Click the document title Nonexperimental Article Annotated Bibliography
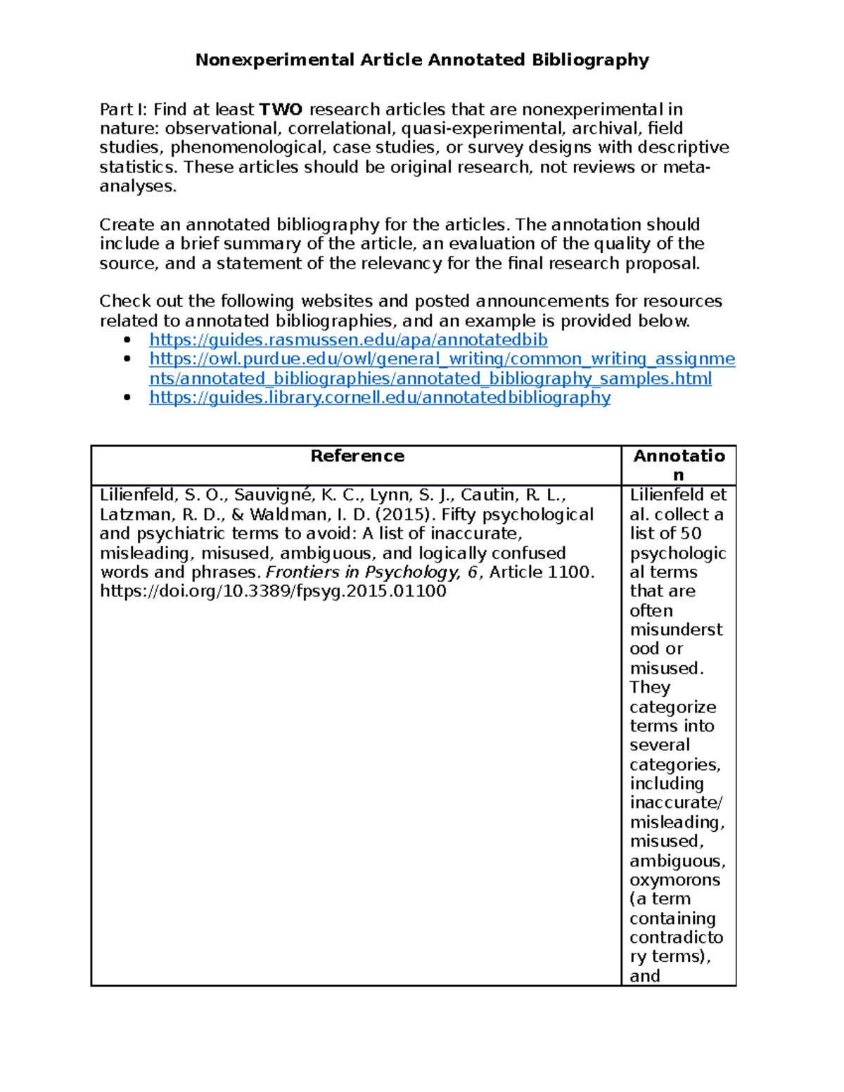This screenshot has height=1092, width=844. (422, 60)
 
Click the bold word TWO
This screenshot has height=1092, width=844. (281, 110)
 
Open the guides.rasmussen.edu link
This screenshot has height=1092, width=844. (348, 340)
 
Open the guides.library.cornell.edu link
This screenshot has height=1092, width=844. (380, 397)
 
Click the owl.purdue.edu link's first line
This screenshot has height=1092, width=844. (442, 359)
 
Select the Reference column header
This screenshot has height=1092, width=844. (357, 456)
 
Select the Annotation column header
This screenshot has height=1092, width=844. (679, 456)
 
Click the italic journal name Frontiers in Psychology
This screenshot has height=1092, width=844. (362, 572)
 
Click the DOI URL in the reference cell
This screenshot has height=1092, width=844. (273, 591)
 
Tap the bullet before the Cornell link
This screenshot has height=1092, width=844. (127, 397)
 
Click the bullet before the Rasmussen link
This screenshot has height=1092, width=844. (127, 340)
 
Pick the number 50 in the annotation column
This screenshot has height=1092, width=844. (691, 534)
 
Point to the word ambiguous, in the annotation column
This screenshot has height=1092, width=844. (677, 861)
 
